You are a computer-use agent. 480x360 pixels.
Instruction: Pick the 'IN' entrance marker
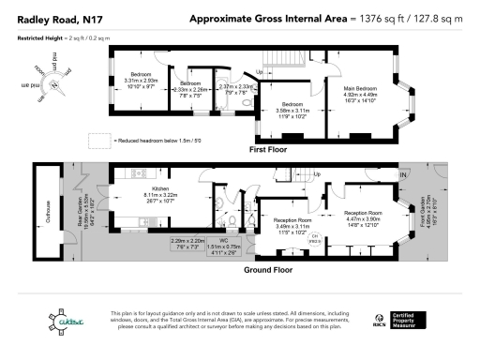pyautogui.click(x=403, y=175)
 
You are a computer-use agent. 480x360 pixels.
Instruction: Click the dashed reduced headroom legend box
pyautogui.click(x=99, y=140)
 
